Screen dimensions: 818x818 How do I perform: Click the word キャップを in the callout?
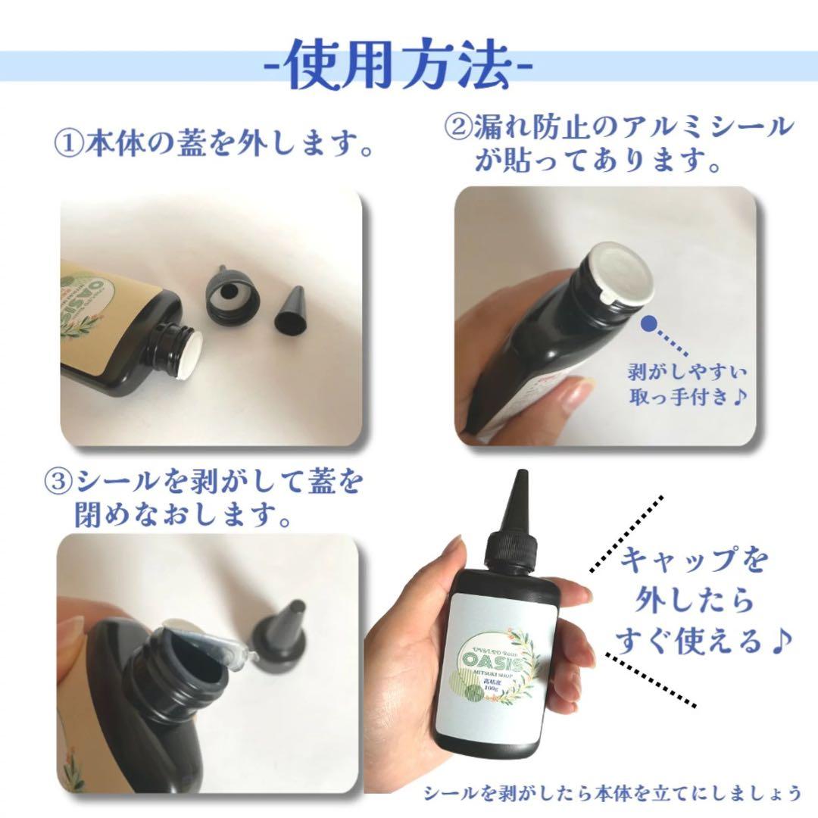click(x=694, y=562)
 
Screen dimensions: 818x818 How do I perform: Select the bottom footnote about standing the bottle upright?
click(x=612, y=793)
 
